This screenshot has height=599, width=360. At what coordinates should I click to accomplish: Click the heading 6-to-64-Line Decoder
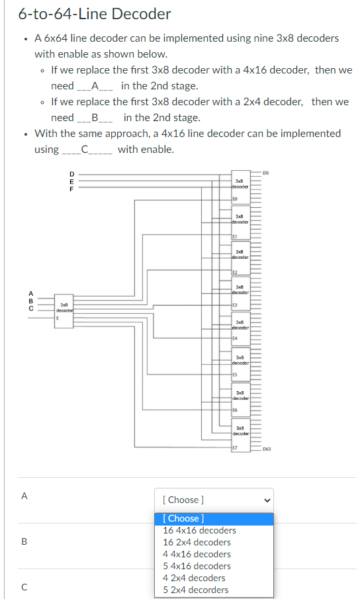point(95,14)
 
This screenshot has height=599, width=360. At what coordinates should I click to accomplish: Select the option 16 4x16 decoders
point(199,530)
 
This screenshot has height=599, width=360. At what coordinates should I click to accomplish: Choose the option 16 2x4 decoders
point(197,542)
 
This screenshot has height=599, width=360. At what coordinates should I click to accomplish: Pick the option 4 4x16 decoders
point(197,554)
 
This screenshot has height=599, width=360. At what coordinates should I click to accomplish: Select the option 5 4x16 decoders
point(197,566)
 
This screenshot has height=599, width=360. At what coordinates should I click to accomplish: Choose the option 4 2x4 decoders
point(194,578)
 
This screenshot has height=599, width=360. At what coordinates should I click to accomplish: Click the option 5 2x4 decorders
point(195,590)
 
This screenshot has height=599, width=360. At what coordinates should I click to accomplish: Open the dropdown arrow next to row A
point(267,500)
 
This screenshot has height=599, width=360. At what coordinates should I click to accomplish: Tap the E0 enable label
point(235,199)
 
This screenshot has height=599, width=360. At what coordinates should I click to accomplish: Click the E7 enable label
point(235,447)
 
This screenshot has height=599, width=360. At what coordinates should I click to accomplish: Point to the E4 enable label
point(235,341)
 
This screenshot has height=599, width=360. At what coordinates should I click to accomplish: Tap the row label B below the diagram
point(24,541)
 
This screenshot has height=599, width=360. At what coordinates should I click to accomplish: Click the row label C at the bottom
point(24,586)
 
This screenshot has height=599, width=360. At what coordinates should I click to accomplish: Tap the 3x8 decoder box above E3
point(240,289)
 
